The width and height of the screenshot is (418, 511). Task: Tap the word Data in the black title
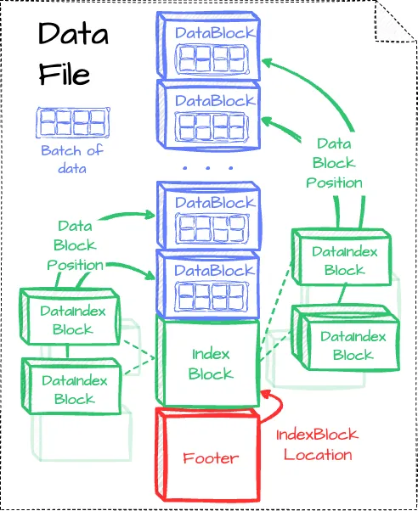[73, 33]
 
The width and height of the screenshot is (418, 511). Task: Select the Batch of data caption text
[72, 160]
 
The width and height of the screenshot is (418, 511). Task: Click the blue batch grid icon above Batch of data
[73, 123]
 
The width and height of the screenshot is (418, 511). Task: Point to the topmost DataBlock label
[215, 33]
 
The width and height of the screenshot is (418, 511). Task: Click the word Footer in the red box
[211, 458]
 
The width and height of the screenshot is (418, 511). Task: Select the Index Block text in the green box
[211, 364]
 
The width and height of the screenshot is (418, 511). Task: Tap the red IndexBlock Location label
[318, 445]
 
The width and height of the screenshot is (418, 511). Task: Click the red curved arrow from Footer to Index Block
[280, 405]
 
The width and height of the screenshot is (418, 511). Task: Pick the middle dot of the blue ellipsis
[207, 168]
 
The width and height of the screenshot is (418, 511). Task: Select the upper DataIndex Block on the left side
[70, 317]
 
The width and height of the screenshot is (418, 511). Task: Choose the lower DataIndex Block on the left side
[71, 386]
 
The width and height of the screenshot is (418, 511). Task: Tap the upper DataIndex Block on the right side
[342, 257]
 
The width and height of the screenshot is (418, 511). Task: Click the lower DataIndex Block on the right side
[346, 339]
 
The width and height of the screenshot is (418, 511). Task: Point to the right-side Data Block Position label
[334, 163]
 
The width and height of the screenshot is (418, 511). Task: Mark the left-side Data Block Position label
[75, 245]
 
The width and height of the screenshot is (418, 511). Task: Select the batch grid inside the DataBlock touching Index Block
[211, 296]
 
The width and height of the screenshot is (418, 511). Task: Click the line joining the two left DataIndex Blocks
[67, 351]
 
